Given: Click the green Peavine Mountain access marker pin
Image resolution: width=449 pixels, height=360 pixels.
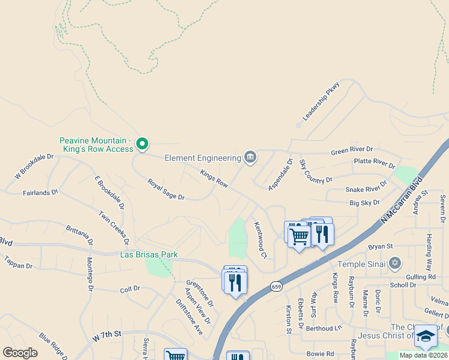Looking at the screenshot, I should point(142,143).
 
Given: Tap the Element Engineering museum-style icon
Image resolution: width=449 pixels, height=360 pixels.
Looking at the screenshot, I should point(250,158).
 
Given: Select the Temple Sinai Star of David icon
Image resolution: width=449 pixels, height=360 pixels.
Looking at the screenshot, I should point(394,263).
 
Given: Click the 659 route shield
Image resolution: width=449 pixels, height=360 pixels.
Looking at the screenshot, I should point(276,286).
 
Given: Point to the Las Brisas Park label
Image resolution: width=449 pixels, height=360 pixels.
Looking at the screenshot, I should point(149,254).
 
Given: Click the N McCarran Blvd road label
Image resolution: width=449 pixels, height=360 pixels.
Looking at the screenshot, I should point(402,200).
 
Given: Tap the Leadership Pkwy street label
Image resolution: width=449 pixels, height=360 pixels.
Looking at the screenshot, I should point(321,101).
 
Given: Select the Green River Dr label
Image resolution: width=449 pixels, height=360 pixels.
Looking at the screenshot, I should point(352,150).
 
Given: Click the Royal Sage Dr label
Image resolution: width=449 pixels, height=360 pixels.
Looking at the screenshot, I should point(166,188).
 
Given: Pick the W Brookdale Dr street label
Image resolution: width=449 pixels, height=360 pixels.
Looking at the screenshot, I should point(34,166).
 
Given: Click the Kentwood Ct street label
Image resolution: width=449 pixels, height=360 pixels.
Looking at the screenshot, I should point(260,240).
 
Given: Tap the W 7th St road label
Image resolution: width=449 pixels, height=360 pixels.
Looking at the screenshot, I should point(107,336).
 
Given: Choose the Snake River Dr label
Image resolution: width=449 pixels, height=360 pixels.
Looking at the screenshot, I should point(366,189).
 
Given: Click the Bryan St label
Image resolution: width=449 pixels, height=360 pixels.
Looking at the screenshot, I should point(380,246).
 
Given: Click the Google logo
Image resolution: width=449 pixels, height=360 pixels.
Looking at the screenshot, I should point(20,353).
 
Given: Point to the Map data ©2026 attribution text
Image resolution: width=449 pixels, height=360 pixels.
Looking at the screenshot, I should point(423,355).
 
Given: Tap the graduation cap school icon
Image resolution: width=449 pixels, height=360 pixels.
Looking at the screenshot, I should point(426,336).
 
